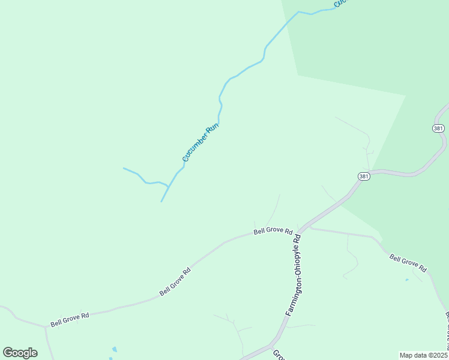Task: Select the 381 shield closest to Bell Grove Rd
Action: (x=363, y=176)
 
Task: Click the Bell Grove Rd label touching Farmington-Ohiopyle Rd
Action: (x=273, y=231)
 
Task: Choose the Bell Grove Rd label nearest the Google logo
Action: (x=70, y=319)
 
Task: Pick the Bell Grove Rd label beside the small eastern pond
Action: (x=408, y=263)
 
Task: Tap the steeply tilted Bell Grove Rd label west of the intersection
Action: (x=175, y=281)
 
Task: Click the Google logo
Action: (x=20, y=353)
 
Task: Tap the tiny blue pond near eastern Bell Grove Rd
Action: (x=407, y=280)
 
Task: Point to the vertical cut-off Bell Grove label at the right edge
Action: (x=446, y=334)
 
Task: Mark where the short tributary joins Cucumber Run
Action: (x=167, y=187)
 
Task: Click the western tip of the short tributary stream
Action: (x=124, y=168)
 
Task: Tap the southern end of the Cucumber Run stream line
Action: (x=161, y=202)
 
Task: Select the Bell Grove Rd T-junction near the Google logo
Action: (x=46, y=327)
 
